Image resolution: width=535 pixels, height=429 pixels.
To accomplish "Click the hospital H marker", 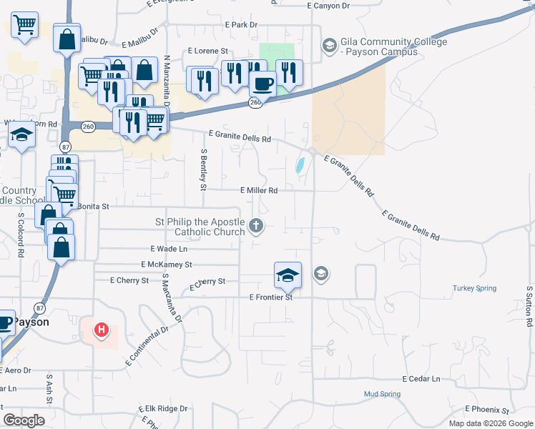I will point(102,331).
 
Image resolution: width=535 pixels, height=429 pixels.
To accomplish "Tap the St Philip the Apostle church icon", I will point(257,227).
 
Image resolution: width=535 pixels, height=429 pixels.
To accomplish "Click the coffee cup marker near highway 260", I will point(262,84).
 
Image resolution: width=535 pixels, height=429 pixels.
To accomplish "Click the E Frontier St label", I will point(271,297).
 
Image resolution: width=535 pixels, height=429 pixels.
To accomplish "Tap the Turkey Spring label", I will point(474,288).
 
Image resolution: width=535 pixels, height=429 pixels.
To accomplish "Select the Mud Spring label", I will point(381,394).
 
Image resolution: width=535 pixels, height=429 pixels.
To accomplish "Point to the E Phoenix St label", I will point(486,410).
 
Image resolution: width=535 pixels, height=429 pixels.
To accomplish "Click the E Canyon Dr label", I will point(328,6).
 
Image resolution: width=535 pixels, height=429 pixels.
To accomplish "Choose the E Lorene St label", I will point(207,51).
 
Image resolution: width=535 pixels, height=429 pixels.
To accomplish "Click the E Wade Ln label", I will point(169,249).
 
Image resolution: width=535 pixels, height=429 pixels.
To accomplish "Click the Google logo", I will point(24,420).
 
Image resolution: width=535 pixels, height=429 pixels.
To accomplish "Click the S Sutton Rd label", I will point(530,306).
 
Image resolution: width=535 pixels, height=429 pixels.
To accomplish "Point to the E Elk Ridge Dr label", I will point(162,409).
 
